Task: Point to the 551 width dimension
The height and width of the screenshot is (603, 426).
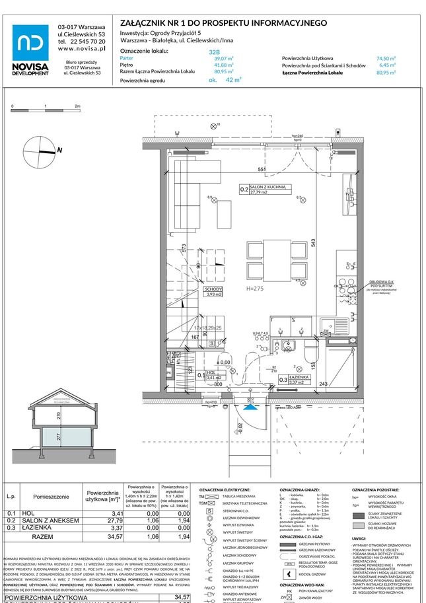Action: pos(262,170)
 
